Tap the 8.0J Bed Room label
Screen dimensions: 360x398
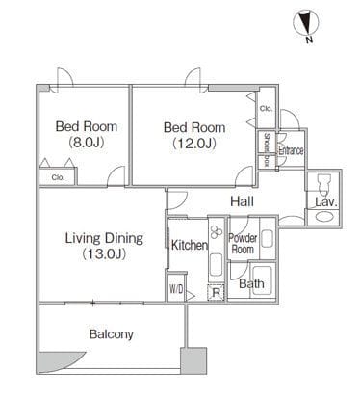[x=87, y=134]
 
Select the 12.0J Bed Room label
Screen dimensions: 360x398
[x=194, y=135]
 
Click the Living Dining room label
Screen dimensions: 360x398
[x=104, y=246]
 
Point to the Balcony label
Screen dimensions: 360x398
[x=112, y=334]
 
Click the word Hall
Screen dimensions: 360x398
[x=243, y=201]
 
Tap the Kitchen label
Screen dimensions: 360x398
[x=190, y=245]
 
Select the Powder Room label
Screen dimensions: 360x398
[x=243, y=244]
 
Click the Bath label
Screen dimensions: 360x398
[x=251, y=283]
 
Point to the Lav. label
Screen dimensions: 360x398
[x=325, y=202]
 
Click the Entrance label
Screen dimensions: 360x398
[x=291, y=150]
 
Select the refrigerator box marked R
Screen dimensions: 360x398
[x=217, y=293]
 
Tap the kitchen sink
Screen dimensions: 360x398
[x=216, y=264]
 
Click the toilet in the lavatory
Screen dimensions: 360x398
[x=322, y=184]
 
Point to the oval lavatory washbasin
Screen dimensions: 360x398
[x=322, y=216]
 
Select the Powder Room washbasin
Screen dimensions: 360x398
[x=268, y=239]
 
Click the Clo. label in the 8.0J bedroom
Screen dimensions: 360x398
[x=58, y=177]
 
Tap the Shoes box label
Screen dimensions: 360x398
[x=267, y=149]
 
